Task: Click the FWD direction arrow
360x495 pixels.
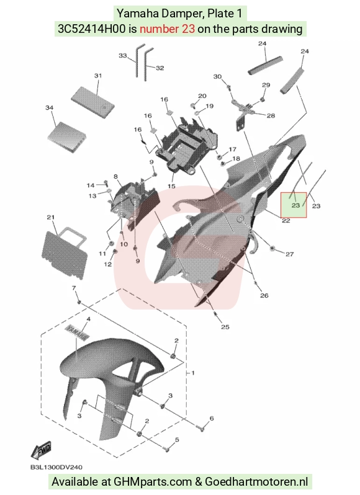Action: tap(41, 450)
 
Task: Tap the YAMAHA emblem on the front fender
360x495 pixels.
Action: tap(76, 332)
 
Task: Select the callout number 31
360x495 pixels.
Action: tap(98, 76)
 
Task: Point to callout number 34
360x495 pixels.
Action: tap(49, 108)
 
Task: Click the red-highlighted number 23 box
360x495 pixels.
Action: tap(294, 205)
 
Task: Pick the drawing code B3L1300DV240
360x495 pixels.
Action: tap(56, 467)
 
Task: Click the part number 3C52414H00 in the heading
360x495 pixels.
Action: tap(92, 29)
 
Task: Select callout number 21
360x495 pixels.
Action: tap(51, 217)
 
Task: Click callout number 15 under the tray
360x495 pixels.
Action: tap(171, 186)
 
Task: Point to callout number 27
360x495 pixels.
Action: tap(290, 254)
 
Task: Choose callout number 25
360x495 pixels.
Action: tap(225, 327)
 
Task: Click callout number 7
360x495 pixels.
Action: tap(74, 288)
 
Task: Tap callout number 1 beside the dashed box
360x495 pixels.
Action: tap(193, 373)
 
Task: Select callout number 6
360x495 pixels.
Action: tap(212, 418)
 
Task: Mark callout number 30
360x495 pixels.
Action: tap(218, 77)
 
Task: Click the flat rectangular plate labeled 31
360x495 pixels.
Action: tap(92, 98)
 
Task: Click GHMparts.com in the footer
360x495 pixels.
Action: tap(153, 482)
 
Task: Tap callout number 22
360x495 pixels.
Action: tap(286, 221)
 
